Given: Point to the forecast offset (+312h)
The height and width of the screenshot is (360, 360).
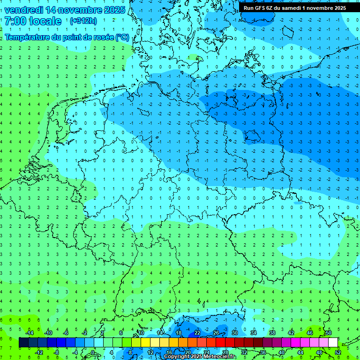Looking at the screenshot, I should (83, 21).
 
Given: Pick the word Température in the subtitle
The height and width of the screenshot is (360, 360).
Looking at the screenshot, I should (28, 37).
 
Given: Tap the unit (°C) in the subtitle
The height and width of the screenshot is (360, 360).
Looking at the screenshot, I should (122, 37).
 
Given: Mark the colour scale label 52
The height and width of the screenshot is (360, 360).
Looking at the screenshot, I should (338, 352).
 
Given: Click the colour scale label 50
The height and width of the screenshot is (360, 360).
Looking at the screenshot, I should (329, 333).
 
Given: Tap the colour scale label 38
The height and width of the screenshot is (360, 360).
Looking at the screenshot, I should (272, 333).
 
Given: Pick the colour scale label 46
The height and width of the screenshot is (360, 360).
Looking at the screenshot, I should (310, 333).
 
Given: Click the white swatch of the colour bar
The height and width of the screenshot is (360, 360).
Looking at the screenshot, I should (333, 343).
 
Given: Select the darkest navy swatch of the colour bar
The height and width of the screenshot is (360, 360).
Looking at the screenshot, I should (24, 343).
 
